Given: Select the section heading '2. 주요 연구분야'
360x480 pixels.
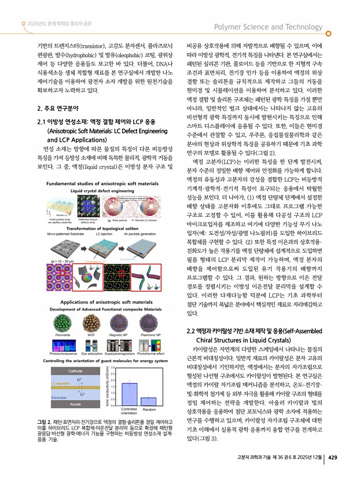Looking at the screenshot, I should [x=58, y=108].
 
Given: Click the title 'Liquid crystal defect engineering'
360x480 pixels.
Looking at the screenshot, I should [x=101, y=190].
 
